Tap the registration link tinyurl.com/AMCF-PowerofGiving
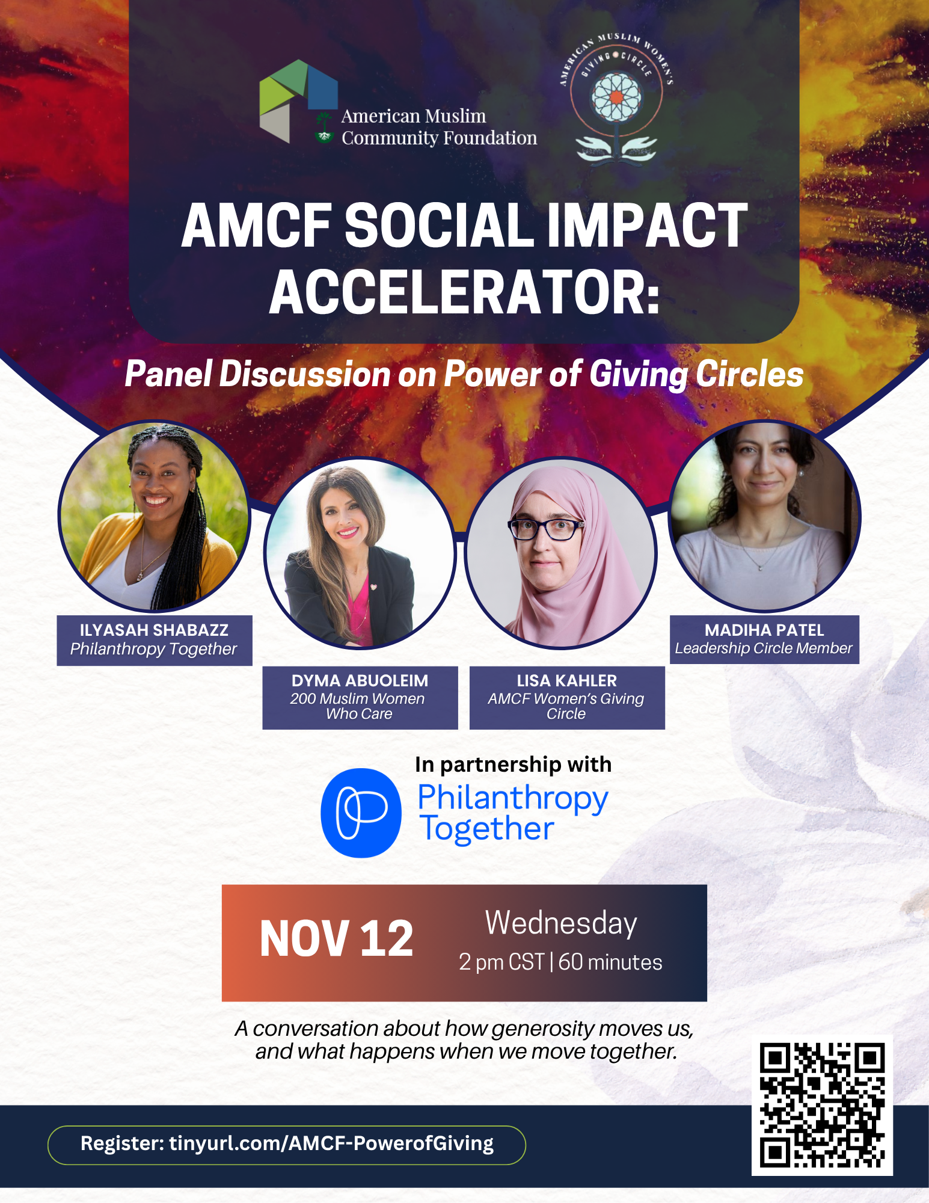[331, 1143]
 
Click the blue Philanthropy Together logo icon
[361, 813]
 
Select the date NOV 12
[336, 939]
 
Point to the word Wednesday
[561, 923]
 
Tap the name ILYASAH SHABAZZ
[154, 630]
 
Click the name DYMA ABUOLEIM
[360, 680]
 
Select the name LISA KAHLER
[566, 680]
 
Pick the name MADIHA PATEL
[764, 630]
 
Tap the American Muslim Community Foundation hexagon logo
[298, 101]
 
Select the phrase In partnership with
[513, 765]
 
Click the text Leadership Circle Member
[764, 648]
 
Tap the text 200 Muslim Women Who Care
[358, 706]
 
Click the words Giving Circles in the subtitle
[696, 374]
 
